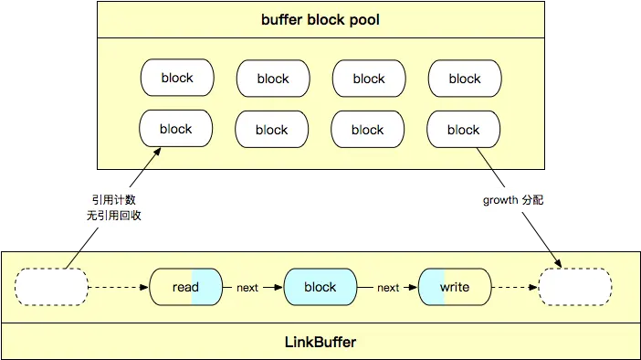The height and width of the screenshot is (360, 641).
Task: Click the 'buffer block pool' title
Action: click(x=320, y=19)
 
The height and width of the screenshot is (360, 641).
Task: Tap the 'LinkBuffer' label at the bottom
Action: click(x=320, y=342)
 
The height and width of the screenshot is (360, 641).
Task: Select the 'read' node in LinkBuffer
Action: click(x=186, y=287)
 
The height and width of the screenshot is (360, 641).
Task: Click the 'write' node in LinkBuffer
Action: click(x=455, y=287)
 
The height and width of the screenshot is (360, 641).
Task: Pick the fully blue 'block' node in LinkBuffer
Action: click(x=320, y=287)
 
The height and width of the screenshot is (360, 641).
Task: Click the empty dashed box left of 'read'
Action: click(x=51, y=287)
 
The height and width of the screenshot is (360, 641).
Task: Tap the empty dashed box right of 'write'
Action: click(x=575, y=287)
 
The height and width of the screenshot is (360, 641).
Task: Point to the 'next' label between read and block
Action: click(x=247, y=288)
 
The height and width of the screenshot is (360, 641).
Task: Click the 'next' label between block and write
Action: click(x=388, y=288)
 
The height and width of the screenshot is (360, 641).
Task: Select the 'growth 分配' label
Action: click(x=513, y=200)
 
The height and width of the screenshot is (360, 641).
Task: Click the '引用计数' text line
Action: click(x=113, y=199)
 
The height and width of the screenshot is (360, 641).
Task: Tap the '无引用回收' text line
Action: click(x=113, y=216)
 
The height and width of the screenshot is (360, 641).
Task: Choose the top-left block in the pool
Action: click(x=177, y=78)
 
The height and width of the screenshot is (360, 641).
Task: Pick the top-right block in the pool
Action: click(x=465, y=79)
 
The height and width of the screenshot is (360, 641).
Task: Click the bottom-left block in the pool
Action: click(x=176, y=129)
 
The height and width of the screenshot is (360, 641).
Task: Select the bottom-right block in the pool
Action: click(x=463, y=130)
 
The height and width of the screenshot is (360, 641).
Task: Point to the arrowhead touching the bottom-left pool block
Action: click(x=157, y=152)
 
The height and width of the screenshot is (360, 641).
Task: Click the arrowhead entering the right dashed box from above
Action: click(x=558, y=263)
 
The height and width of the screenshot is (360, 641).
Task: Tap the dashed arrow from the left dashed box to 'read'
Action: click(x=119, y=287)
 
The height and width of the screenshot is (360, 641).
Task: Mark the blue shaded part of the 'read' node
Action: click(x=206, y=287)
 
